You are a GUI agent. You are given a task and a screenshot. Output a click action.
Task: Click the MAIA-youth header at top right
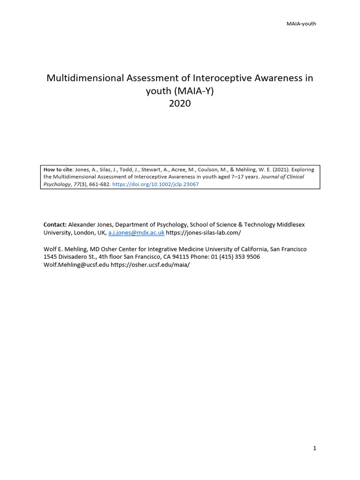(x=301, y=24)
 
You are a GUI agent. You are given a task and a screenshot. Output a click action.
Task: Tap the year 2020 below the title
(x=180, y=104)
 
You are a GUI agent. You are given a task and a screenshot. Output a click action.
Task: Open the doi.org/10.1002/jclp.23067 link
(x=156, y=184)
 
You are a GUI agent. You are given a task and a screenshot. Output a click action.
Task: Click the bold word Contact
(x=55, y=225)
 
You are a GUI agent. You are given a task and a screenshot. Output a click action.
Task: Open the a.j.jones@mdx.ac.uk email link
(x=136, y=232)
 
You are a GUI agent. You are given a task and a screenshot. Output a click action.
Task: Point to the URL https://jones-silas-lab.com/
(x=203, y=232)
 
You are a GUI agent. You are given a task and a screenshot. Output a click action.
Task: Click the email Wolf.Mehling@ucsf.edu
(x=76, y=264)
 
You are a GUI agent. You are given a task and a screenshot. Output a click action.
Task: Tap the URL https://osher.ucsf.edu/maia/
(x=150, y=264)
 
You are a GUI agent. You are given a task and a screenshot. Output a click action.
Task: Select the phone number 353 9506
(x=247, y=257)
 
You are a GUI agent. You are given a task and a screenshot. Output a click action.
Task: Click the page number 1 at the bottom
(x=315, y=448)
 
